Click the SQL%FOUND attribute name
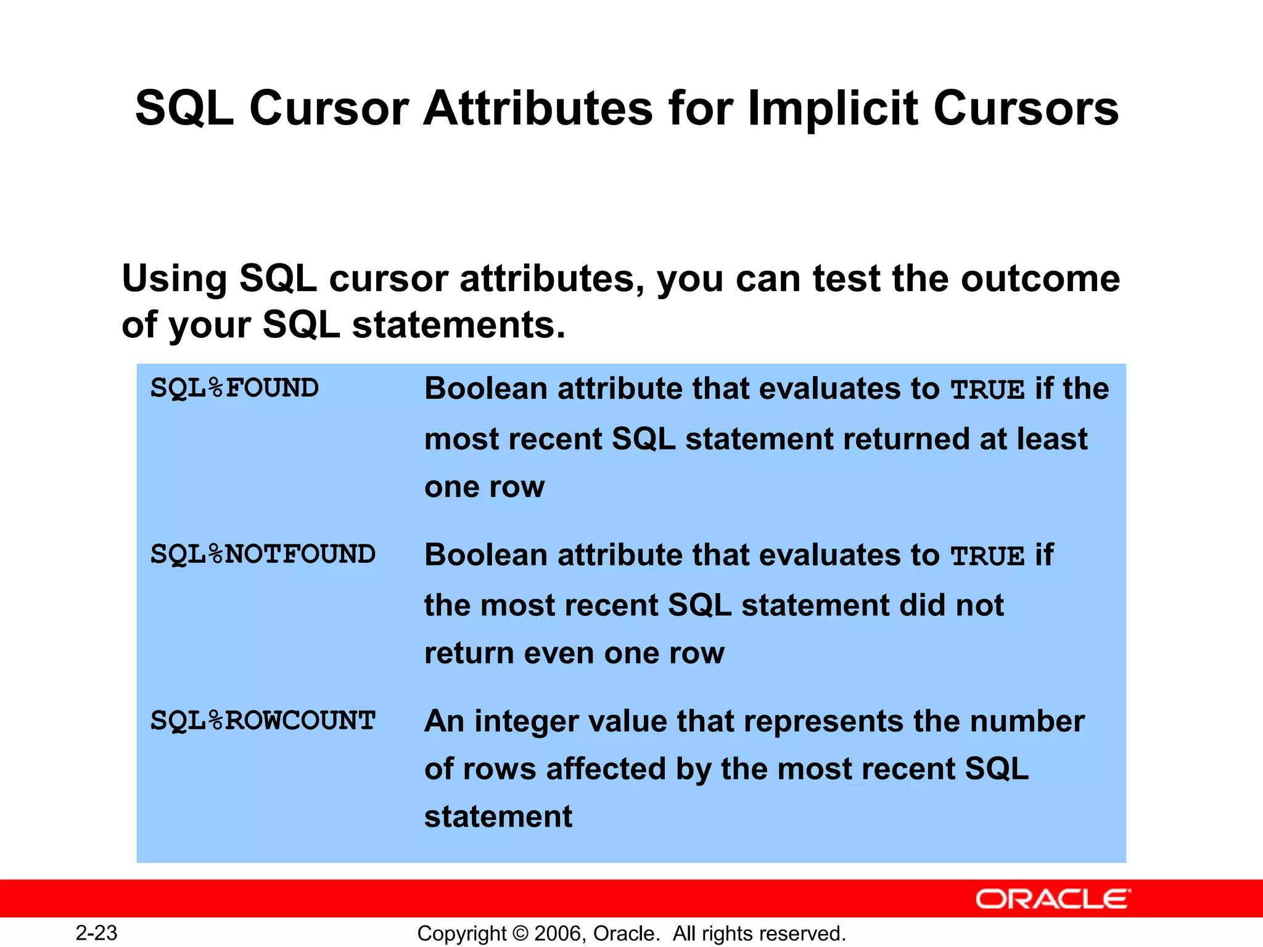click(234, 389)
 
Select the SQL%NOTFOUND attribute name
click(263, 555)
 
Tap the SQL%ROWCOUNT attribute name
click(263, 721)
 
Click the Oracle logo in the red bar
click(1053, 899)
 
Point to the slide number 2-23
click(96, 933)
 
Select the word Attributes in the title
click(537, 109)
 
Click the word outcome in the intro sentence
click(1040, 279)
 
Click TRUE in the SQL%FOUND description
click(987, 390)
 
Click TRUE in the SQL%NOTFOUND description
click(987, 556)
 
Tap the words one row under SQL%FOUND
click(485, 487)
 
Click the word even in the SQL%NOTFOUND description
click(559, 653)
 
